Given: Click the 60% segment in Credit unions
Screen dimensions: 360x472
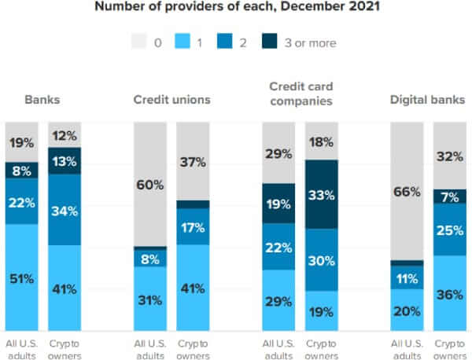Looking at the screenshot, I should click(149, 185).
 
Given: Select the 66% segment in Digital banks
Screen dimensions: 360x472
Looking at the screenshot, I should click(406, 191).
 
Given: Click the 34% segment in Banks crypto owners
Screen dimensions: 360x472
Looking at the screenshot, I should click(64, 210).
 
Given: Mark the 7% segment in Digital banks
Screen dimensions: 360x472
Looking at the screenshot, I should click(449, 196).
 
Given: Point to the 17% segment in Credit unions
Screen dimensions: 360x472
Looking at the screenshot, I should click(193, 227).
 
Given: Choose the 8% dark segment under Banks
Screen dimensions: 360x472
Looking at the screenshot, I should click(21, 170).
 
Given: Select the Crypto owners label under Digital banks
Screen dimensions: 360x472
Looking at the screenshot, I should click(449, 349).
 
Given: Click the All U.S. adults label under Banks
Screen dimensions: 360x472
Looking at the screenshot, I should click(21, 349).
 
